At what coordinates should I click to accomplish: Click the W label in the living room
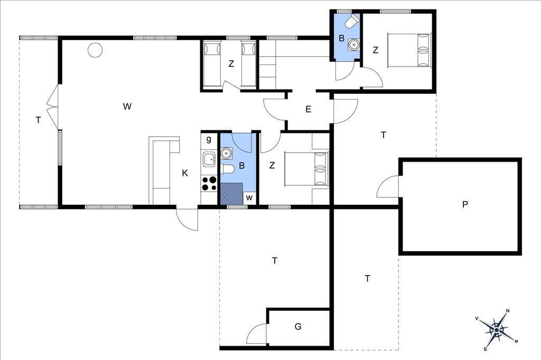pos(127,107)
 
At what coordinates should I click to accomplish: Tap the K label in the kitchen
pos(185,173)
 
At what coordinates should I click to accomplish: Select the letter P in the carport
pos(465,204)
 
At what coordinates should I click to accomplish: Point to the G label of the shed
pos(298,326)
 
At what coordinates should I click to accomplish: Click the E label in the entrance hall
pos(309,109)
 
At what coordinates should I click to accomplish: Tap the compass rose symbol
pos(497,330)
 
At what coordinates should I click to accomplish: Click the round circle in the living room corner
pos(95,50)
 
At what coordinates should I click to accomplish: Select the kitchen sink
pos(209,159)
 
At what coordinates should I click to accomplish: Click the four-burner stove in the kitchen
pos(209,184)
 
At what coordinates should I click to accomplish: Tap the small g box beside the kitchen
pos(209,140)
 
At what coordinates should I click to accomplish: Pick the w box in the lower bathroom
pos(249,198)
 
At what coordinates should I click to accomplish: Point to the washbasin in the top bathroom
pos(353,44)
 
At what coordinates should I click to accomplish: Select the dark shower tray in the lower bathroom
pos(231,193)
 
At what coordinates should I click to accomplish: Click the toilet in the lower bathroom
pos(228,169)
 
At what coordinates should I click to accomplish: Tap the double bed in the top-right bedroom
pos(409,50)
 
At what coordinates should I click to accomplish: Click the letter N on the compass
pos(508,311)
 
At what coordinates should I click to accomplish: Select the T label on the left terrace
pos(38,120)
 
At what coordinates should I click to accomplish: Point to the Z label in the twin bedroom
pos(231,64)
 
